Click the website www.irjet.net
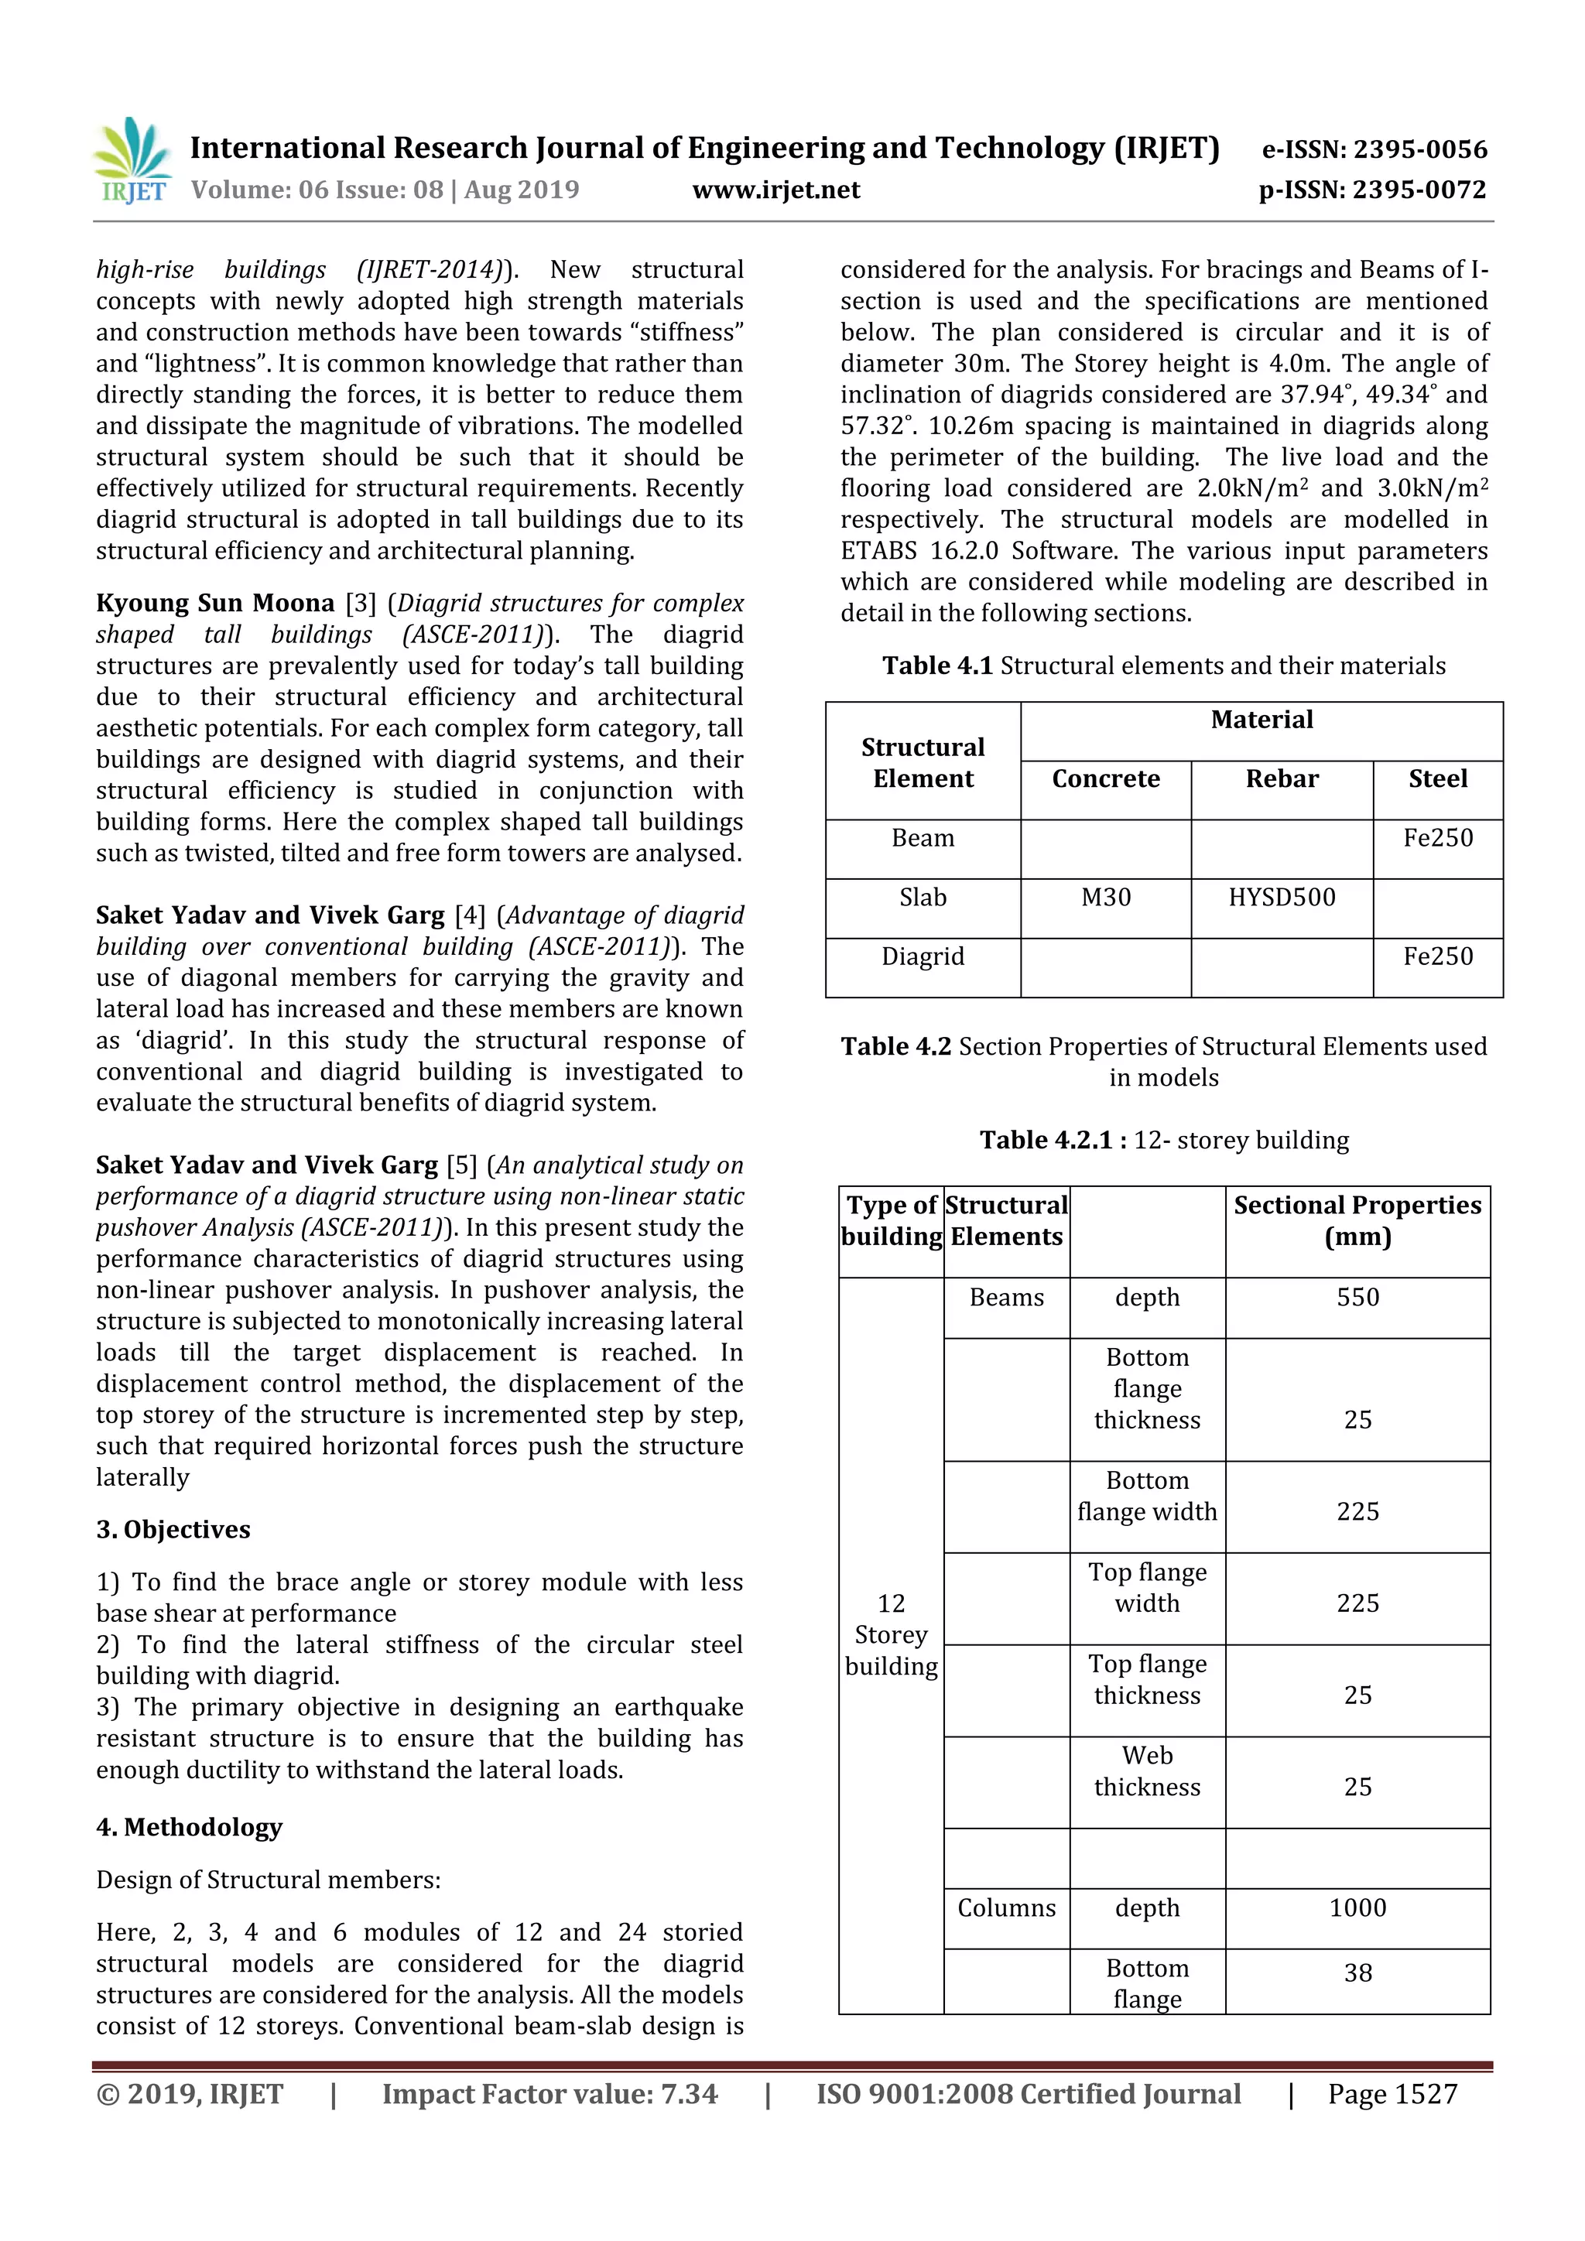tap(776, 190)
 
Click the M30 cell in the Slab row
tap(1105, 897)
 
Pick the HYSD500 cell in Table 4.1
tap(1281, 897)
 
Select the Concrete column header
tap(1105, 779)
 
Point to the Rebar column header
tap(1281, 779)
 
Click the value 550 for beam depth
tap(1357, 1297)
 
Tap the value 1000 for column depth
tap(1357, 1907)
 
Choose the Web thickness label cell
tap(1147, 1771)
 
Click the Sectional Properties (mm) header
tap(1357, 1220)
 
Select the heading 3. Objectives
tap(173, 1529)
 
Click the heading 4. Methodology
tap(190, 1827)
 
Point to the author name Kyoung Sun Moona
tap(214, 603)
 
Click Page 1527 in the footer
tap(1392, 2094)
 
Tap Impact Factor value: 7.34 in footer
tap(549, 2094)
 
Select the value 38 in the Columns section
tap(1357, 1972)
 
